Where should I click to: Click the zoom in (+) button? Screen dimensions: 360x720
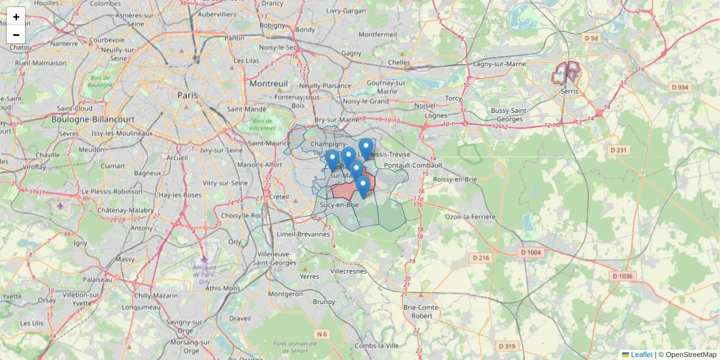pyautogui.click(x=16, y=17)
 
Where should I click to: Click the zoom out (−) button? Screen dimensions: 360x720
pyautogui.click(x=16, y=35)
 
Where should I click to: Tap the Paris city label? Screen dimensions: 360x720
pyautogui.click(x=187, y=95)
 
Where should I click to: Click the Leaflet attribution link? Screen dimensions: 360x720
pyautogui.click(x=641, y=355)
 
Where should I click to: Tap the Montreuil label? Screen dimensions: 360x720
pyautogui.click(x=269, y=83)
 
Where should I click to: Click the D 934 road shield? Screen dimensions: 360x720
pyautogui.click(x=680, y=87)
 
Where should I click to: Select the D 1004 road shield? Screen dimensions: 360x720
pyautogui.click(x=531, y=253)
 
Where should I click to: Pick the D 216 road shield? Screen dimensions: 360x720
pyautogui.click(x=481, y=258)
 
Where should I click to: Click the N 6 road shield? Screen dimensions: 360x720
pyautogui.click(x=322, y=334)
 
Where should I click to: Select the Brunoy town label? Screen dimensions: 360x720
pyautogui.click(x=324, y=302)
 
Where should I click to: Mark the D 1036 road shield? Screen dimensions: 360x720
pyautogui.click(x=622, y=276)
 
